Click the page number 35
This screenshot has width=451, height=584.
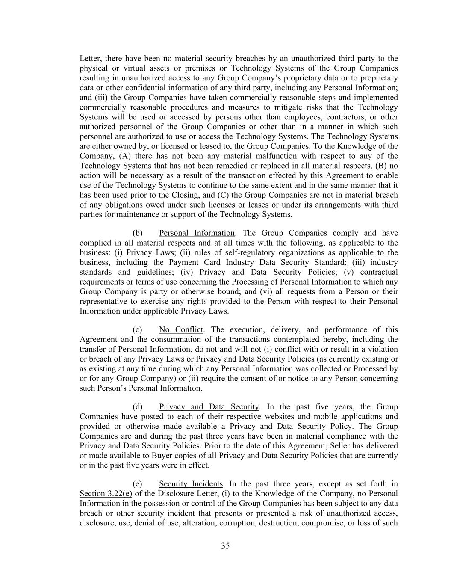(x=225, y=546)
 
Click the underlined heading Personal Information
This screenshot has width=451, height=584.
(x=197, y=233)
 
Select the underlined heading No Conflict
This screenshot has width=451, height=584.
(x=181, y=330)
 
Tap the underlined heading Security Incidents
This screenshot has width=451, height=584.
(x=191, y=484)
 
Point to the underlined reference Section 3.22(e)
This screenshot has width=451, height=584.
(x=106, y=494)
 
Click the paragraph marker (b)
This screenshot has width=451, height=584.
(x=137, y=233)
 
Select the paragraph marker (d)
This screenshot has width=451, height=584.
(x=137, y=407)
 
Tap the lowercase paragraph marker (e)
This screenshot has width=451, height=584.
(x=137, y=484)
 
